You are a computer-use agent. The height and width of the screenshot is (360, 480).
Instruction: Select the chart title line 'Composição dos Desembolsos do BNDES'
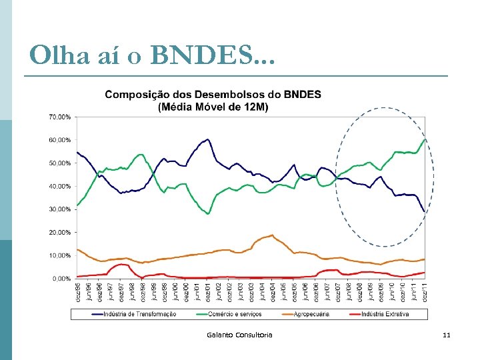pyautogui.click(x=213, y=95)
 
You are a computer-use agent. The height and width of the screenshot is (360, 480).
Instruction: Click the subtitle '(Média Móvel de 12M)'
pyautogui.click(x=213, y=107)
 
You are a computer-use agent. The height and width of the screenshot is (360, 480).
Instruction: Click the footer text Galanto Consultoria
pyautogui.click(x=239, y=335)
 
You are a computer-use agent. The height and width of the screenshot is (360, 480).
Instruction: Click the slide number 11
pyautogui.click(x=446, y=335)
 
